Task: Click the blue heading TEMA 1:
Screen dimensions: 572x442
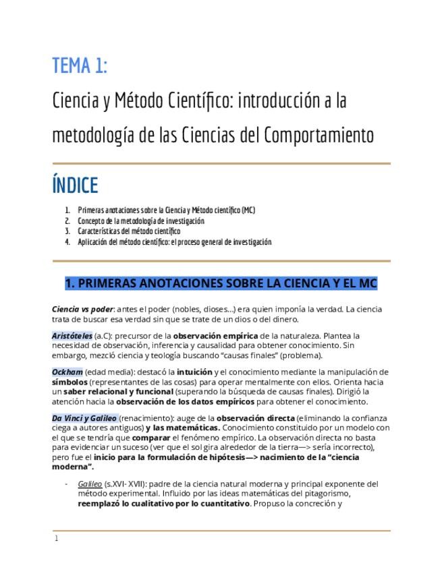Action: pos(80,66)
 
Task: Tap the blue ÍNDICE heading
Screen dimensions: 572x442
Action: pos(75,185)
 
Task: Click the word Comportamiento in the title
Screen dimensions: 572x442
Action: pos(319,135)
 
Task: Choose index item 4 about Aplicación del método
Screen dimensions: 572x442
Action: pos(174,241)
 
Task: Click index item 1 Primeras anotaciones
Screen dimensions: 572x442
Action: pos(166,210)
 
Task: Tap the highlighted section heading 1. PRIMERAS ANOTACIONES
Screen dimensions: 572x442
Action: pos(221,283)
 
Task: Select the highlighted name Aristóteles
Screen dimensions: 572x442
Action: pos(72,335)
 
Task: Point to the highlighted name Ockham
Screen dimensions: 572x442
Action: pos(67,372)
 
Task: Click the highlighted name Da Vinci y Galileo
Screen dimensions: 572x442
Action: pos(84,418)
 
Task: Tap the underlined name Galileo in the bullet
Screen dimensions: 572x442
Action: pos(90,484)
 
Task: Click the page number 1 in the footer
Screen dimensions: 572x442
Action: pos(57,538)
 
